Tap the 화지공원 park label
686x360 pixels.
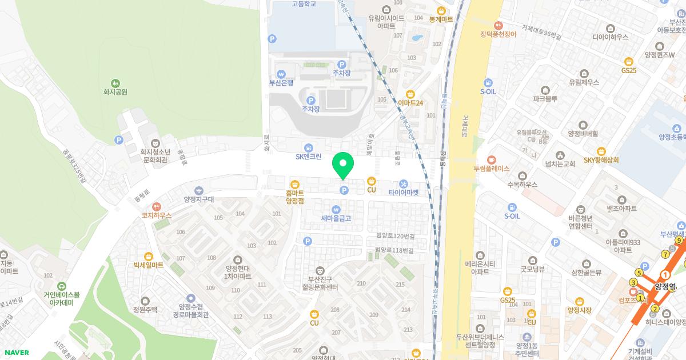pos(115,91)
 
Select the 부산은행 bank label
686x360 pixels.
pos(281,82)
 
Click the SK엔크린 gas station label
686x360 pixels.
pos(308,157)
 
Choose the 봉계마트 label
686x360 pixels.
pos(441,19)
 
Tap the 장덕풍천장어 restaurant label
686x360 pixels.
pos(498,34)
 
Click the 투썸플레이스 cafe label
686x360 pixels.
pos(491,169)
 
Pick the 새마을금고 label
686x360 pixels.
pos(336,218)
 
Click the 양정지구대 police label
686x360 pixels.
pos(198,199)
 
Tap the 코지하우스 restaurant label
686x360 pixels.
pos(157,215)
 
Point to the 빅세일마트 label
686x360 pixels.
pos(149,265)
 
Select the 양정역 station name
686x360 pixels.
pos(666,287)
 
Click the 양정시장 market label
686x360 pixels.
pos(579,310)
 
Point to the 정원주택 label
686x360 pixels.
pos(145,310)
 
